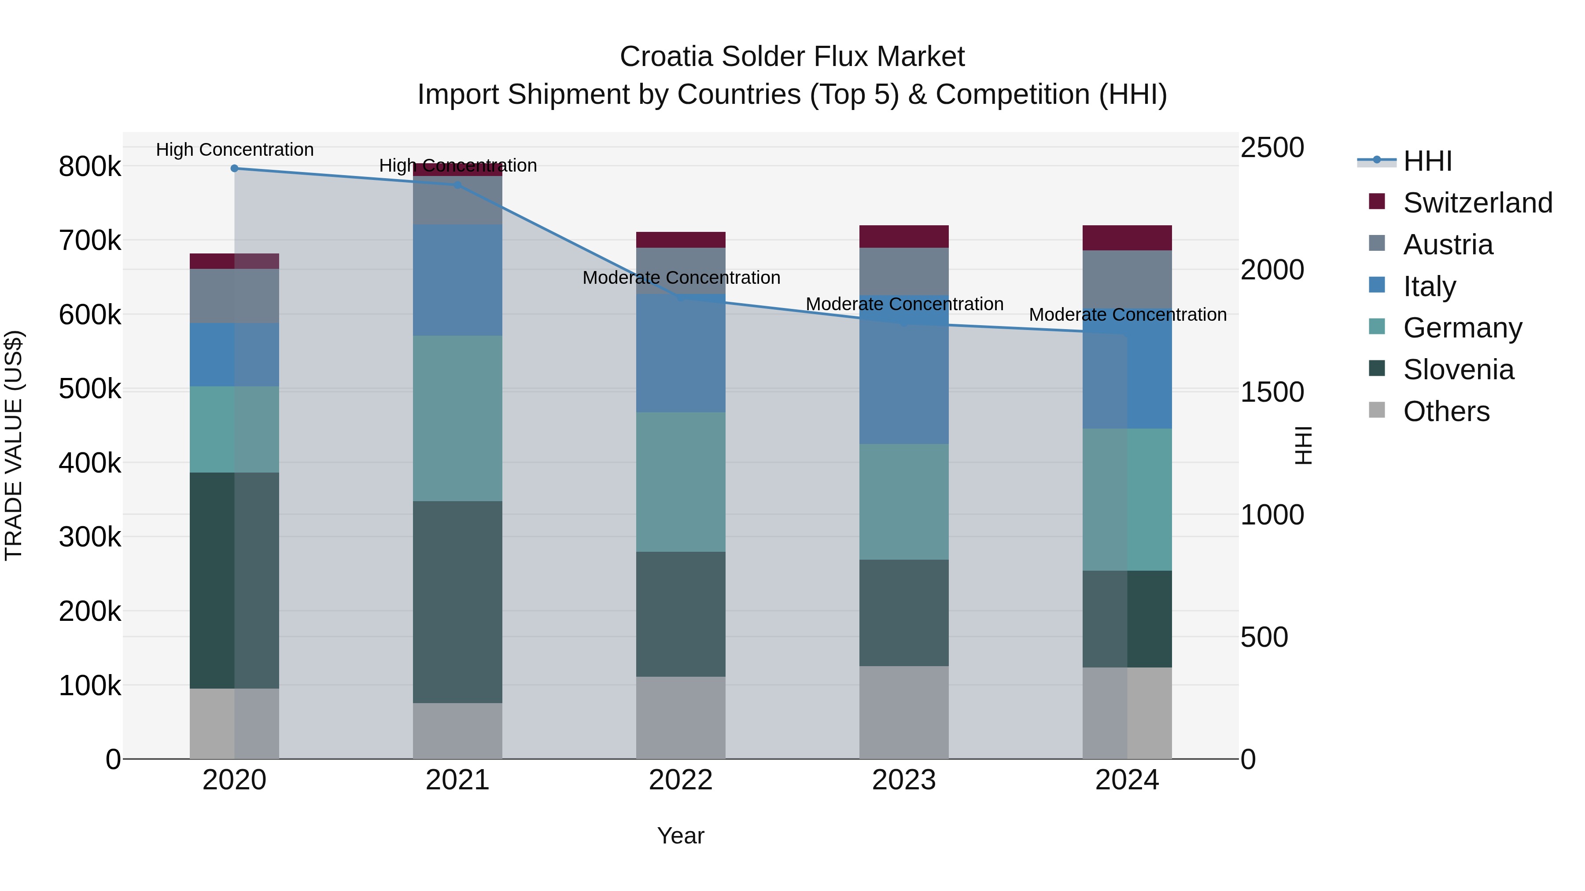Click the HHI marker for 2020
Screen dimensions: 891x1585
(x=234, y=169)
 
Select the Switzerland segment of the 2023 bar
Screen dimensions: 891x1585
(x=904, y=237)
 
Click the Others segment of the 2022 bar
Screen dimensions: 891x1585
(x=681, y=718)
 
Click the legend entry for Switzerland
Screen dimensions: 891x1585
(x=1477, y=203)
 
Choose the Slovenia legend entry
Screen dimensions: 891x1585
(x=1458, y=370)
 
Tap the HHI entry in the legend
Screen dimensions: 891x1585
(x=1427, y=161)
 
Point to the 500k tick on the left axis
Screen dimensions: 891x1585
(x=90, y=389)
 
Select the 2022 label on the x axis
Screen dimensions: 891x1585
(x=681, y=780)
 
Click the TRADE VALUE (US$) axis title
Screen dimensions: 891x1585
(x=14, y=445)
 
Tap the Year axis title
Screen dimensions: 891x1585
(x=681, y=836)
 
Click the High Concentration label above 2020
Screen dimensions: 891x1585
(x=234, y=150)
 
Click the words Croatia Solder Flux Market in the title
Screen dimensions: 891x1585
(x=792, y=57)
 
